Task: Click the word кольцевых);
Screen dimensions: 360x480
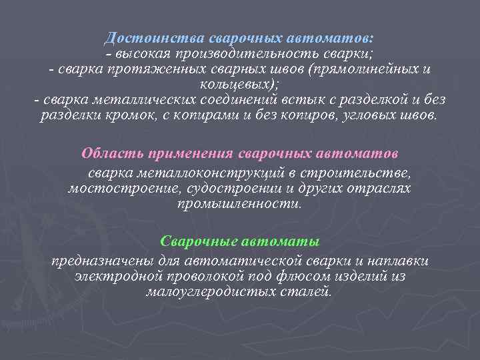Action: click(239, 85)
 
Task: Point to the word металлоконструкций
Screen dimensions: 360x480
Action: click(206, 173)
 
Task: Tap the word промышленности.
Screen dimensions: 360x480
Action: click(239, 203)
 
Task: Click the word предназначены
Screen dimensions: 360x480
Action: click(95, 260)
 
